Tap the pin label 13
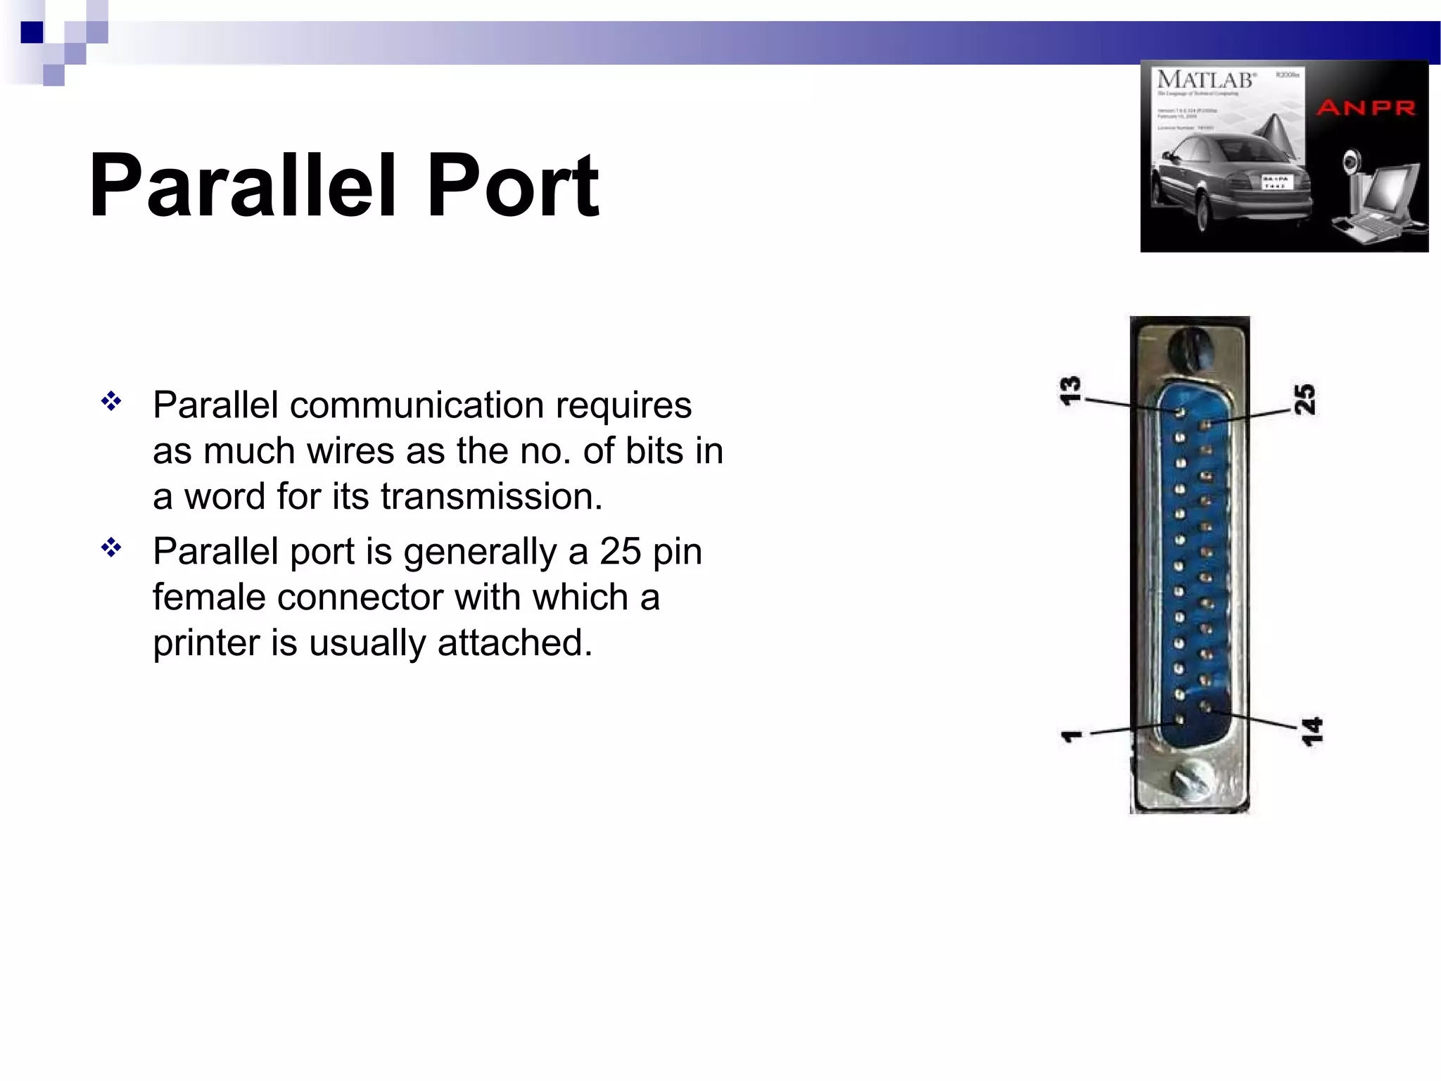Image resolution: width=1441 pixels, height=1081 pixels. [x=1070, y=391]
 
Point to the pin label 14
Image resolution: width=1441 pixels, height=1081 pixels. [x=1312, y=732]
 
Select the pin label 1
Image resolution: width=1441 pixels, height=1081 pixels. [x=1072, y=736]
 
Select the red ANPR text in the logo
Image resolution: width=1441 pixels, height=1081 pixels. [x=1366, y=108]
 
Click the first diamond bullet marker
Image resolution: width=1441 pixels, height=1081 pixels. [x=111, y=402]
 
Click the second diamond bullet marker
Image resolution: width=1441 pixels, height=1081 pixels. [x=111, y=547]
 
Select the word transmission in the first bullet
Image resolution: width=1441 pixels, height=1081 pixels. [x=491, y=496]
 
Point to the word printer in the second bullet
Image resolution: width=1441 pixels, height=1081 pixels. [x=209, y=643]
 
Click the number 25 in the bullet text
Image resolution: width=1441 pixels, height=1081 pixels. [x=620, y=551]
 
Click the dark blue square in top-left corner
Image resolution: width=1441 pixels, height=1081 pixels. [x=32, y=32]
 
